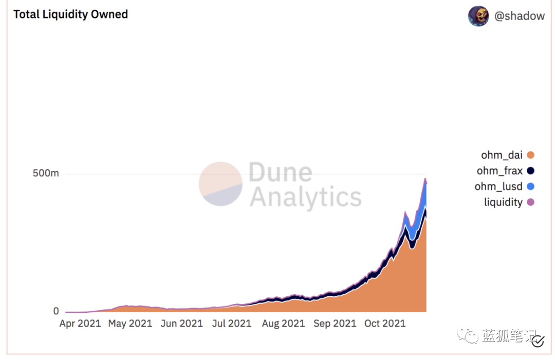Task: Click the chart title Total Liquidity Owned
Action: click(x=70, y=14)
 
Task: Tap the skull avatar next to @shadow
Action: click(x=478, y=16)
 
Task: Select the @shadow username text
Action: click(x=519, y=16)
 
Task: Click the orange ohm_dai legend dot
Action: click(x=531, y=155)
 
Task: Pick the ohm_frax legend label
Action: click(x=499, y=170)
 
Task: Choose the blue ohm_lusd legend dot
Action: click(x=531, y=186)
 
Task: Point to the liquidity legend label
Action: click(x=503, y=202)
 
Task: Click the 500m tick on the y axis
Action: click(x=46, y=173)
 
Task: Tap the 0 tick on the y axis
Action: click(x=56, y=311)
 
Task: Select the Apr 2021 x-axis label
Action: click(x=80, y=324)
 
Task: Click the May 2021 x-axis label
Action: click(x=130, y=324)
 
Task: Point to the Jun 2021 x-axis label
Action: click(x=181, y=324)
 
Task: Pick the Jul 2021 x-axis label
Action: click(x=232, y=324)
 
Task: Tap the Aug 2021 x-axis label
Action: click(x=283, y=324)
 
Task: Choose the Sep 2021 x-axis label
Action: click(x=335, y=324)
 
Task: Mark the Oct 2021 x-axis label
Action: click(x=385, y=324)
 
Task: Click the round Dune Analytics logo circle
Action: click(x=220, y=184)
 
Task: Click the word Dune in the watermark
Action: click(x=280, y=173)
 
